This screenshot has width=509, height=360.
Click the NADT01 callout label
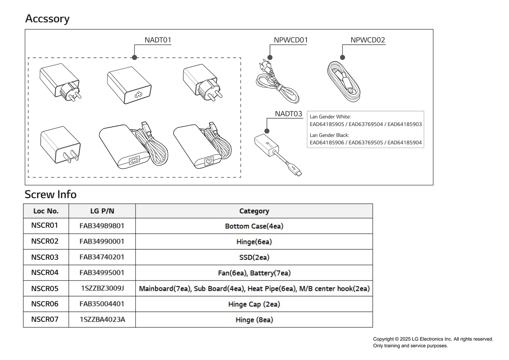(x=158, y=40)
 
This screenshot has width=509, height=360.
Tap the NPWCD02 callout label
(x=367, y=40)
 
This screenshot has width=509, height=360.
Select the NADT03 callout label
(x=288, y=114)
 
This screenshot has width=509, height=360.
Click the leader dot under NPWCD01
(x=270, y=58)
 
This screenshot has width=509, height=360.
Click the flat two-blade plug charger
(x=60, y=145)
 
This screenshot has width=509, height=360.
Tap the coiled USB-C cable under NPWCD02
(x=344, y=82)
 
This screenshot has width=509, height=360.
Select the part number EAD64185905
(x=327, y=124)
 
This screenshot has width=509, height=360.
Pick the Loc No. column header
(x=46, y=211)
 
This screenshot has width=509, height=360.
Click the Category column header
(x=254, y=211)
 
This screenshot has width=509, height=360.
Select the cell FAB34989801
(x=102, y=226)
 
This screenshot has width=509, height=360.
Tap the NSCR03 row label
(x=45, y=257)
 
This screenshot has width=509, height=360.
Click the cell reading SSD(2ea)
(x=254, y=257)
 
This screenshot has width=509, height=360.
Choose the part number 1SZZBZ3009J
(x=102, y=288)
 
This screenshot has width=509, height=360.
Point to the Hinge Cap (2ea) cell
(x=254, y=304)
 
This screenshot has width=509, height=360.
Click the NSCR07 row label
(x=45, y=320)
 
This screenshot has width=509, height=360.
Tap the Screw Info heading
(x=51, y=194)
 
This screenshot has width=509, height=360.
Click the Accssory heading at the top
(x=47, y=19)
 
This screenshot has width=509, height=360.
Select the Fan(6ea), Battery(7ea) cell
(x=254, y=273)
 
